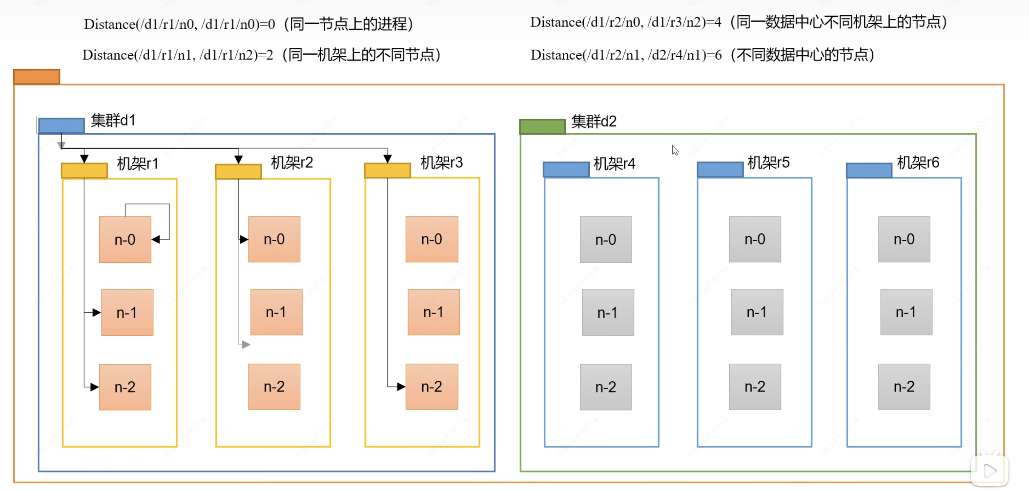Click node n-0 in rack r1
tap(125, 240)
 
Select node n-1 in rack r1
tap(127, 312)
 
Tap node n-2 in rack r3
tap(431, 387)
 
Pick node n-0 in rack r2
tap(274, 239)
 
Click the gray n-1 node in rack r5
tap(756, 312)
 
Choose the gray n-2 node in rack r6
tap(904, 387)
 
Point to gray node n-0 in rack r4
tap(606, 240)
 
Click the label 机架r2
tap(292, 162)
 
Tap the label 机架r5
tap(768, 162)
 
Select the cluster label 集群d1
tap(113, 120)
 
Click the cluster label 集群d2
tap(594, 121)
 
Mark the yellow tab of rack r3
tap(387, 170)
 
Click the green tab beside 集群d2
tap(542, 127)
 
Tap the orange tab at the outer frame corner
tap(37, 77)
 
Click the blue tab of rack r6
tap(869, 170)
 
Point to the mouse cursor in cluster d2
tap(675, 150)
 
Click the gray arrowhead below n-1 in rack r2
tap(246, 344)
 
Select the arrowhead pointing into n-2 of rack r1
tap(95, 387)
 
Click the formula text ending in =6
tap(626, 55)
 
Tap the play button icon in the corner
tap(989, 471)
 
